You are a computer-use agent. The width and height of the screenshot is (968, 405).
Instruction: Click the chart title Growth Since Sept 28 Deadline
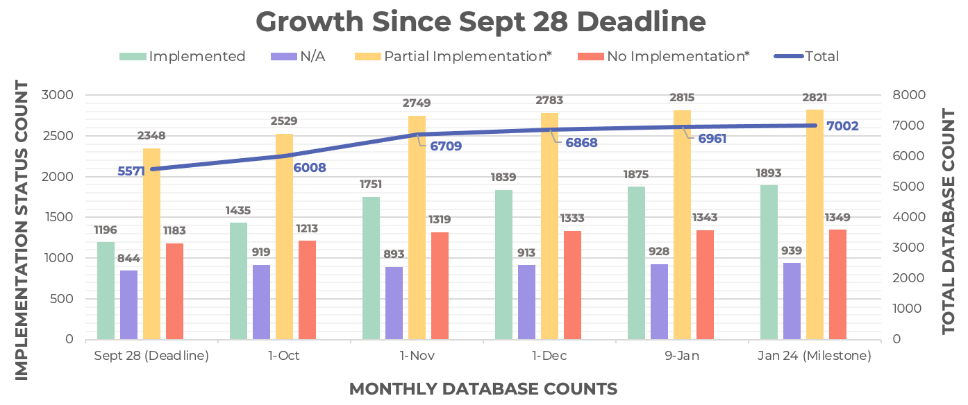(481, 21)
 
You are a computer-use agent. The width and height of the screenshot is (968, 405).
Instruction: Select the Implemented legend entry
(183, 56)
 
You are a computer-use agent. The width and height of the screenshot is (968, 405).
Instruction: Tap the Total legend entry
(806, 56)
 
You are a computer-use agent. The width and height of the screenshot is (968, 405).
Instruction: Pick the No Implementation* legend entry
(663, 56)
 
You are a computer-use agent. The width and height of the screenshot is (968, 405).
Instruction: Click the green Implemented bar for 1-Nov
(372, 268)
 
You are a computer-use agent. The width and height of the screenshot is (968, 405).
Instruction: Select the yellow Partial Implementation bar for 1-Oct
(284, 236)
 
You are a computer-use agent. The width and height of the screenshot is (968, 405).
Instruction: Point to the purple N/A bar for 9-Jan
(660, 302)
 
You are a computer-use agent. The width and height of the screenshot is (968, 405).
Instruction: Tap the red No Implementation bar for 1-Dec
(573, 285)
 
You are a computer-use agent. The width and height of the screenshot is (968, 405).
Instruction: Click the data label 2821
(815, 98)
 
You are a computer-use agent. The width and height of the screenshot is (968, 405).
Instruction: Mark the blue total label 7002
(842, 126)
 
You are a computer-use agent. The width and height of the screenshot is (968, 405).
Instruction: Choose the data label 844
(128, 258)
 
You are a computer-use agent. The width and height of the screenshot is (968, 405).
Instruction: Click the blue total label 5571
(131, 171)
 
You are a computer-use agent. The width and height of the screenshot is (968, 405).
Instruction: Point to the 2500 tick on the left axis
(58, 135)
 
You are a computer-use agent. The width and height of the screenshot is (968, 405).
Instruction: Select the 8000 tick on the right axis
(909, 95)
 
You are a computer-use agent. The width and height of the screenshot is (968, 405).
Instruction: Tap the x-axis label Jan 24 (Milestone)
(815, 356)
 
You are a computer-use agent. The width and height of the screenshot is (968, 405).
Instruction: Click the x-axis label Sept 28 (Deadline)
(151, 356)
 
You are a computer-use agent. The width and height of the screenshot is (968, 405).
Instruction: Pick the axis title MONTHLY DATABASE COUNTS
(483, 389)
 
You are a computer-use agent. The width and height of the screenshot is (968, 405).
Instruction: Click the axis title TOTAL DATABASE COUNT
(949, 221)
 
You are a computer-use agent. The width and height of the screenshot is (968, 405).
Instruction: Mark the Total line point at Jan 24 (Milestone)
(815, 126)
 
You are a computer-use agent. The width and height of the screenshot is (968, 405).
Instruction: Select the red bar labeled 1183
(174, 291)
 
